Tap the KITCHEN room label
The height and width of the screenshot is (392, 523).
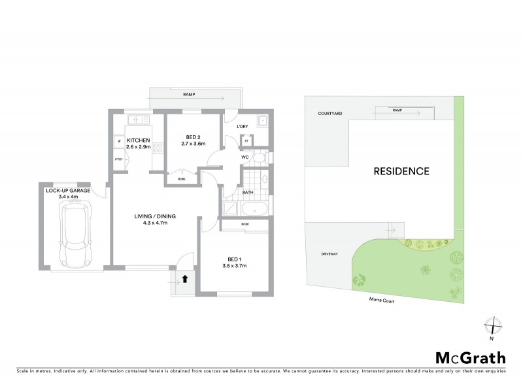139,141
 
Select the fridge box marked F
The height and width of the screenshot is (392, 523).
119,141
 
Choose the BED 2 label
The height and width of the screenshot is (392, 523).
193,137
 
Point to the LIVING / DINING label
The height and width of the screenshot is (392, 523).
155,216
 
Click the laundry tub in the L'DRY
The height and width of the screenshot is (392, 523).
261,121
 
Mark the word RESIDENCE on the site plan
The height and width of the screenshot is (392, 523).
401,172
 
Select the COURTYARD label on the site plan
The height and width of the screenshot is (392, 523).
329,113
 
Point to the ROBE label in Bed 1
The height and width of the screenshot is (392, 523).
245,224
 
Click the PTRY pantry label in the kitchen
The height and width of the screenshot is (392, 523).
118,159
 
